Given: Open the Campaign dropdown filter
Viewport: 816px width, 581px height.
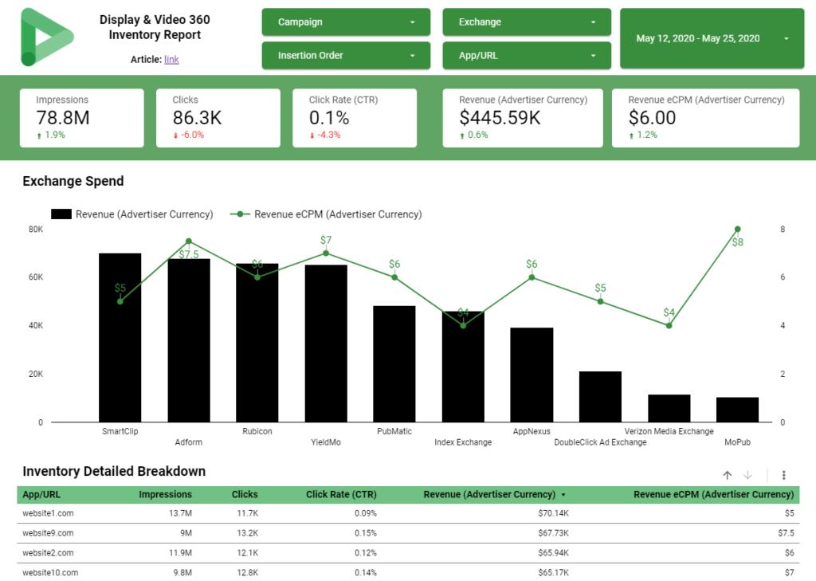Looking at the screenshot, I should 346,22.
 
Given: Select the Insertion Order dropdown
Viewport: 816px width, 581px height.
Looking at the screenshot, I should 346,56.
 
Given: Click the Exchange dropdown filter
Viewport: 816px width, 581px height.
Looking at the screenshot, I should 527,22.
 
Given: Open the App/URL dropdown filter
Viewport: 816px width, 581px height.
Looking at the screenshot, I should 527,56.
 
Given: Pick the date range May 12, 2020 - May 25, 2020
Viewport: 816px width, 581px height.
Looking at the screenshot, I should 712,38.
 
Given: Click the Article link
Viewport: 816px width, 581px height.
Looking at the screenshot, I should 171,59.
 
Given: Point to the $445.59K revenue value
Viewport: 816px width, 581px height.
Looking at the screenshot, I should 500,118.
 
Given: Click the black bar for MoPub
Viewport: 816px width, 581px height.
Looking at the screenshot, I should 737,410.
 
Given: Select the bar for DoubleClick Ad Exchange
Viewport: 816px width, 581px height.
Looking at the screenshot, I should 600,397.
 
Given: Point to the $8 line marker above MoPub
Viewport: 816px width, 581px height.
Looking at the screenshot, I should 737,230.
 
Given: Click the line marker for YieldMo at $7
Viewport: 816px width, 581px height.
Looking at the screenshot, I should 326,253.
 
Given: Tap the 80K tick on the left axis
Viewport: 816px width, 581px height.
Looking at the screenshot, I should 36,230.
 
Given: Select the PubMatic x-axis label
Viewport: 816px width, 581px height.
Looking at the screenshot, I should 394,431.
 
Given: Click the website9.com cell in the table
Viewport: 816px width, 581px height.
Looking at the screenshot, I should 48,533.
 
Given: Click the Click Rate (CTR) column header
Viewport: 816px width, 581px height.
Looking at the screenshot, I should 341,494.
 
